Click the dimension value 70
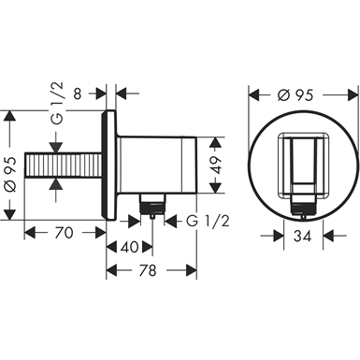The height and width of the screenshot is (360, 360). coord(64,233)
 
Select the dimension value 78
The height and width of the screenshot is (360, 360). coord(148,270)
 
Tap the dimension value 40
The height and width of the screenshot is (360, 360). coord(129,247)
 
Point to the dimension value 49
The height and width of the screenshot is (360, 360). coord(216,166)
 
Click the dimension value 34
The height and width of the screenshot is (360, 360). coord(302,236)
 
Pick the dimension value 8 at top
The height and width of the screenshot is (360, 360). coord(78,94)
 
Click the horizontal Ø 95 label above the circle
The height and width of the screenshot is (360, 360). coord(295,94)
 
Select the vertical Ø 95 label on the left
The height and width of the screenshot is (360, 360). coord(9,174)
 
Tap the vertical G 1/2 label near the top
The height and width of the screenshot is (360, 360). coord(58,104)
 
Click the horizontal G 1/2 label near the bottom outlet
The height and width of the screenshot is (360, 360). coord(208,221)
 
